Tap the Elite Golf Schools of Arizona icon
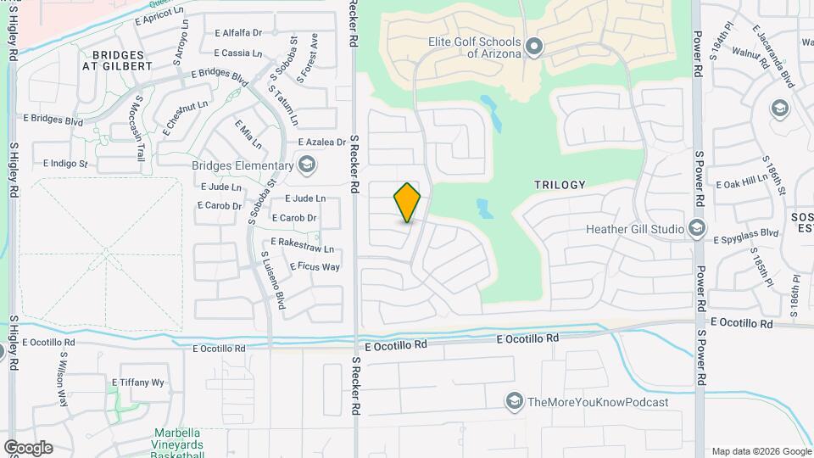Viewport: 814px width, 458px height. point(533,46)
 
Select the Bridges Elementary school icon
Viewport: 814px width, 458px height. point(306,164)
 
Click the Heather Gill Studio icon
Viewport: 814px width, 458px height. point(696,228)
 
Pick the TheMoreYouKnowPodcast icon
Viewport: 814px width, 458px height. point(513,402)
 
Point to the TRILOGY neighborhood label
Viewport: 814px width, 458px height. point(560,184)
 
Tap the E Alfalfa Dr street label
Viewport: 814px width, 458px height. point(238,33)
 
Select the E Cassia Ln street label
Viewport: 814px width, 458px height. point(237,53)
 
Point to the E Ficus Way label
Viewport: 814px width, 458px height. point(315,266)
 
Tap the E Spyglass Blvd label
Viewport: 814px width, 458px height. point(745,232)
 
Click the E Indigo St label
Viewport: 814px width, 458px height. point(65,163)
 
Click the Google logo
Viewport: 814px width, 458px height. point(27,448)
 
